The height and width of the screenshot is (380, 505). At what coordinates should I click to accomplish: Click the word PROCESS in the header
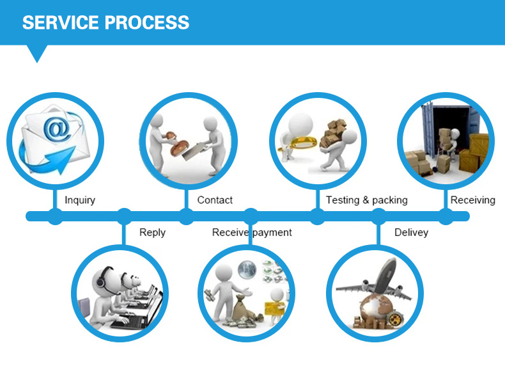pos(147,23)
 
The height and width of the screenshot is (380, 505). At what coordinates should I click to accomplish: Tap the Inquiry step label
pos(80,200)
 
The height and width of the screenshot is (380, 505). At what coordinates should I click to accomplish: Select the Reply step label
pos(152,232)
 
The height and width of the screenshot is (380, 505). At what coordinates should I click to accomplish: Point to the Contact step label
pos(215,200)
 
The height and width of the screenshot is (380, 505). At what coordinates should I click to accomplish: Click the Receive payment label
pos(252,232)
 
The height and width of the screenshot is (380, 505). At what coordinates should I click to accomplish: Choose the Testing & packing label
pos(366,200)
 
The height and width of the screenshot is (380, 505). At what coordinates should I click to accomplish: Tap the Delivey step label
pos(411,232)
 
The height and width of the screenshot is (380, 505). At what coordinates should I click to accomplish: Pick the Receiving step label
pos(472,200)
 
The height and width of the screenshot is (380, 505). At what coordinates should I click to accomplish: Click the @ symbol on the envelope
pos(56,131)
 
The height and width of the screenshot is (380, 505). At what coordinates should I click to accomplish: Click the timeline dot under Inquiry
pos(56,216)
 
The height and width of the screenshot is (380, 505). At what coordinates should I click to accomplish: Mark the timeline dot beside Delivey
pos(378,216)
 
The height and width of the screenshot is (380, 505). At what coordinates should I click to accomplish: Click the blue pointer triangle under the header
pos(38,53)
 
